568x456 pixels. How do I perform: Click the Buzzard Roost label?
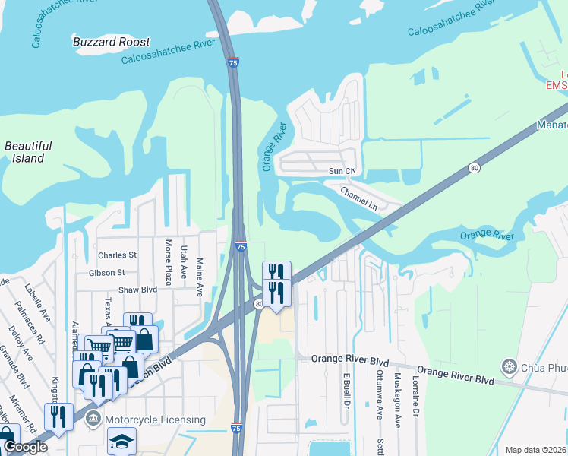[x=112, y=42]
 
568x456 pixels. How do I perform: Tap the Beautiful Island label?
[x=27, y=152]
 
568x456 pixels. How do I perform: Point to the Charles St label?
[x=117, y=255]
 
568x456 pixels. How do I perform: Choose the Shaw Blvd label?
[x=137, y=290]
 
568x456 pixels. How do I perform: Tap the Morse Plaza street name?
[x=169, y=262]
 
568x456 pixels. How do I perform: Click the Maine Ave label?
[x=200, y=271]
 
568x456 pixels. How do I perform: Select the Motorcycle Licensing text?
[x=155, y=420]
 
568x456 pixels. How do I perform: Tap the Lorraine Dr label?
[x=415, y=397]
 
